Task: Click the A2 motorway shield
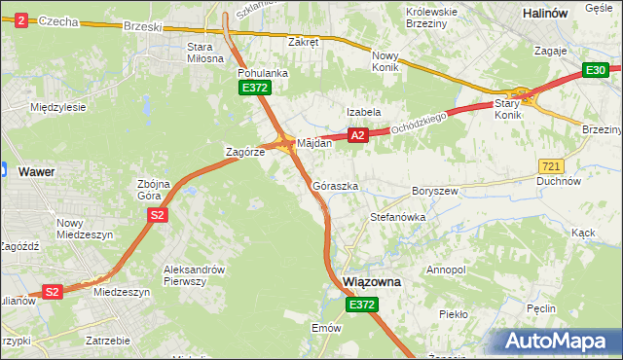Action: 358,136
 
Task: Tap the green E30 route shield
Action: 597,70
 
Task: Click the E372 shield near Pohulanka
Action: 255,89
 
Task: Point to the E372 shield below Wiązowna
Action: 361,305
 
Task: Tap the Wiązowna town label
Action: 373,282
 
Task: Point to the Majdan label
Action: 314,143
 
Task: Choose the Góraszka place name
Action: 336,185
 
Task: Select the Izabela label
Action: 364,112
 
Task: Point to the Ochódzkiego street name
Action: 419,123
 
